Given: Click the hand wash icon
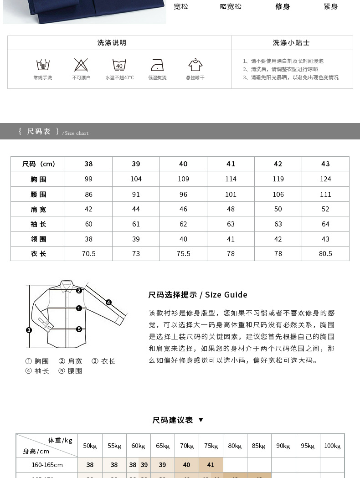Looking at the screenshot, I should click(43, 65).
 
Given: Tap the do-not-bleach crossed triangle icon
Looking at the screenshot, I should click(81, 65).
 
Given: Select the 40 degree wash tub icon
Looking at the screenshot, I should click(119, 65).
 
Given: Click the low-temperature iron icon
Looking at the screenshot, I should click(157, 65).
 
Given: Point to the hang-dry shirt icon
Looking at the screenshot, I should click(195, 65).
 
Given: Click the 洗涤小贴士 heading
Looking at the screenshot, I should click(292, 43).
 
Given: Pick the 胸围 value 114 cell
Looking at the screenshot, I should click(231, 179).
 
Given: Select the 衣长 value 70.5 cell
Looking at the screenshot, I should click(88, 254).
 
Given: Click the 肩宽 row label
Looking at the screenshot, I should click(38, 209).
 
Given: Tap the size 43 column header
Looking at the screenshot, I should click(325, 164).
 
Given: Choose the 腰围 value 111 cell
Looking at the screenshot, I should click(325, 194).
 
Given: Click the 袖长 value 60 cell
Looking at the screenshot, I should click(88, 224).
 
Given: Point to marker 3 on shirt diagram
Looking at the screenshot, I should click(29, 330).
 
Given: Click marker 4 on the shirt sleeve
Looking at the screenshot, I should click(108, 302).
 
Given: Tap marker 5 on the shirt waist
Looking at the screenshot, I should click(79, 329).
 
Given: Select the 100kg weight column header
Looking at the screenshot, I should click(332, 446).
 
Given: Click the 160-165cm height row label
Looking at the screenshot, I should click(47, 465).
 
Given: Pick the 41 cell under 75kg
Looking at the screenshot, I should click(211, 465).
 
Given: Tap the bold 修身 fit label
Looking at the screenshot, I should click(283, 6).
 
